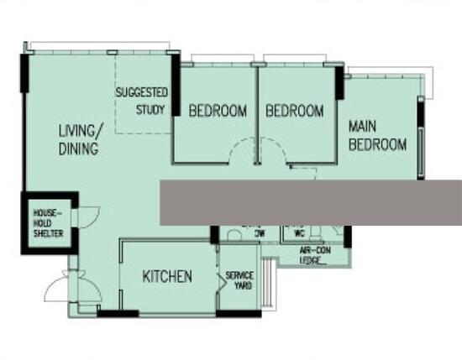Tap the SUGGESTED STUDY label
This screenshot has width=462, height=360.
[142, 101]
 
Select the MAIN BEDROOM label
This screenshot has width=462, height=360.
[377, 135]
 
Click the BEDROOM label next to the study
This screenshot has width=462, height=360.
[218, 111]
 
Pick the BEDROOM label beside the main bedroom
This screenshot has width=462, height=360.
[294, 111]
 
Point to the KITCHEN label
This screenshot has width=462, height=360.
[167, 276]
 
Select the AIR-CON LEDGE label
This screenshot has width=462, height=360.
[315, 255]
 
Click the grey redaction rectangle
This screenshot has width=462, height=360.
[311, 201]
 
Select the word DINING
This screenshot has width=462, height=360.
[79, 149]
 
